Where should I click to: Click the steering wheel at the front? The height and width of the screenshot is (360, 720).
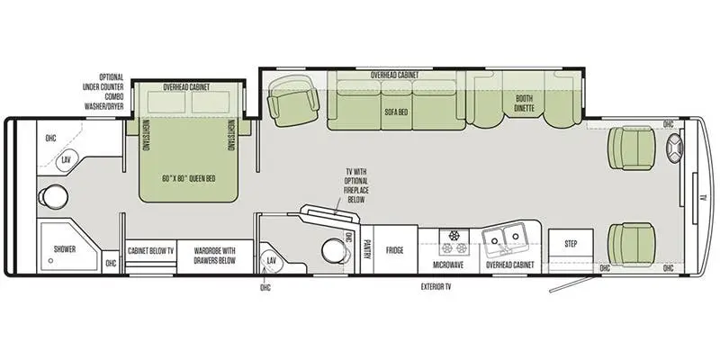tap(674, 148)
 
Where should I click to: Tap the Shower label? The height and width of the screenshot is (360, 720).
tap(65, 249)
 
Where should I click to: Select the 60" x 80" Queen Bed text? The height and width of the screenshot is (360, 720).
tap(189, 178)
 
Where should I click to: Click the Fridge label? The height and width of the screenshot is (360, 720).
tap(394, 250)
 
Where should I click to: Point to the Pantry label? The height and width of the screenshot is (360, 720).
tap(367, 249)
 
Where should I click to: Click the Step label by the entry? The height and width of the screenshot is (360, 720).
tap(571, 244)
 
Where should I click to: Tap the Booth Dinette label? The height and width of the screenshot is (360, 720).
tap(524, 103)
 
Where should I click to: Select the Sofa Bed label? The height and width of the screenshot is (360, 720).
tap(396, 112)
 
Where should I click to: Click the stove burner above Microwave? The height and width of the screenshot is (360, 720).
tap(454, 236)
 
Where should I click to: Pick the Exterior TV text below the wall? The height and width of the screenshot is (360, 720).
tap(436, 287)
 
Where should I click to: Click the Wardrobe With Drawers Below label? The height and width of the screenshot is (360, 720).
tap(214, 256)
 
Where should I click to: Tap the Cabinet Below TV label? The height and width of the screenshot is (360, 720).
tap(151, 251)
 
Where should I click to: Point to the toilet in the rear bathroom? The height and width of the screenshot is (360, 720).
tap(53, 197)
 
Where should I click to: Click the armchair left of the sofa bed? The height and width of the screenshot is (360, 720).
tap(293, 102)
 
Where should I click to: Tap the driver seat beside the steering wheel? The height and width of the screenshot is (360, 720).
tap(632, 148)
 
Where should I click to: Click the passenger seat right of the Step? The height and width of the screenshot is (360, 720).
tap(632, 244)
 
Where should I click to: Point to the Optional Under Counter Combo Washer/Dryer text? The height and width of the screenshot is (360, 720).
tap(103, 92)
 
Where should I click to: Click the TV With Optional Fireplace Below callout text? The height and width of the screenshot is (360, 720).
tap(356, 185)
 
